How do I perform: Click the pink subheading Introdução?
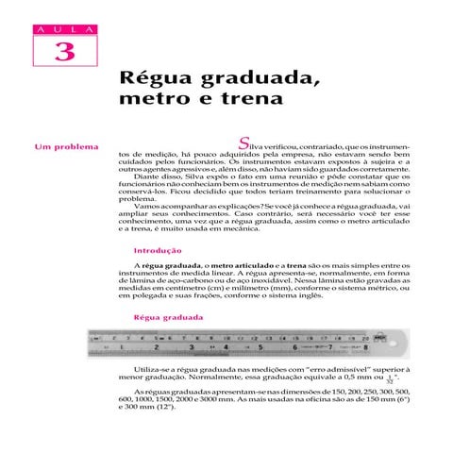(x=159, y=250)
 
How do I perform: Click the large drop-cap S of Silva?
(x=244, y=143)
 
